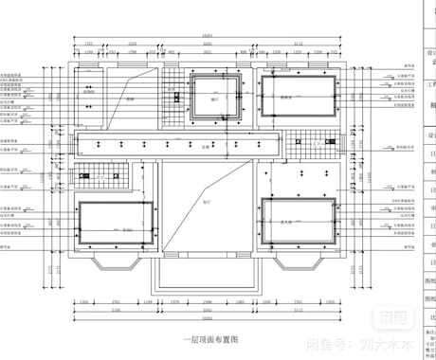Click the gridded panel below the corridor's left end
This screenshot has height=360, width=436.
pyautogui.click(x=96, y=175)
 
